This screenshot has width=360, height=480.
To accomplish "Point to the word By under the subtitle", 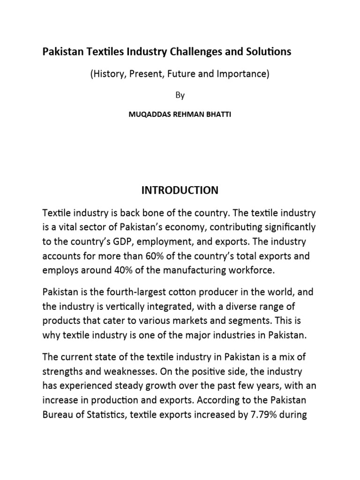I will [180, 95].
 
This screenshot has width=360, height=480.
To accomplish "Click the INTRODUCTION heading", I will [180, 190].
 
